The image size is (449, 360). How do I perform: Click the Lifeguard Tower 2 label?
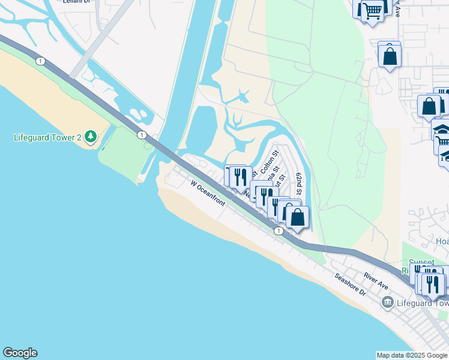47,138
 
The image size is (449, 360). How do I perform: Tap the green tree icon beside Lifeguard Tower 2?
91,137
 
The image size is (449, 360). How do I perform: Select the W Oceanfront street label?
208,193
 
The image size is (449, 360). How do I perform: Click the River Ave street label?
376,280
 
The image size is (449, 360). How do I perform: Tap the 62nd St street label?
299,184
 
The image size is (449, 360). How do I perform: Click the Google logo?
20,353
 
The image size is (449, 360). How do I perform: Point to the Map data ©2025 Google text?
411,355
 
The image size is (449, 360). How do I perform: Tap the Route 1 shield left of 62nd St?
279,230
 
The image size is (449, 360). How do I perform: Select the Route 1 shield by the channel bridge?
142,135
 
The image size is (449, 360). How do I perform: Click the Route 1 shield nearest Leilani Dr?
40,61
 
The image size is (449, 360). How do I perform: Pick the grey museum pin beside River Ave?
387,301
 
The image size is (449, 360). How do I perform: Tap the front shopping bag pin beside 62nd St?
297,217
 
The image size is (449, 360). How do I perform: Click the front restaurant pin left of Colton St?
241,177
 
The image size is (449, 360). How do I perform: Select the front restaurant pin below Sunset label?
433,284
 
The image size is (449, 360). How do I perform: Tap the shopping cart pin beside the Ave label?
372,10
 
